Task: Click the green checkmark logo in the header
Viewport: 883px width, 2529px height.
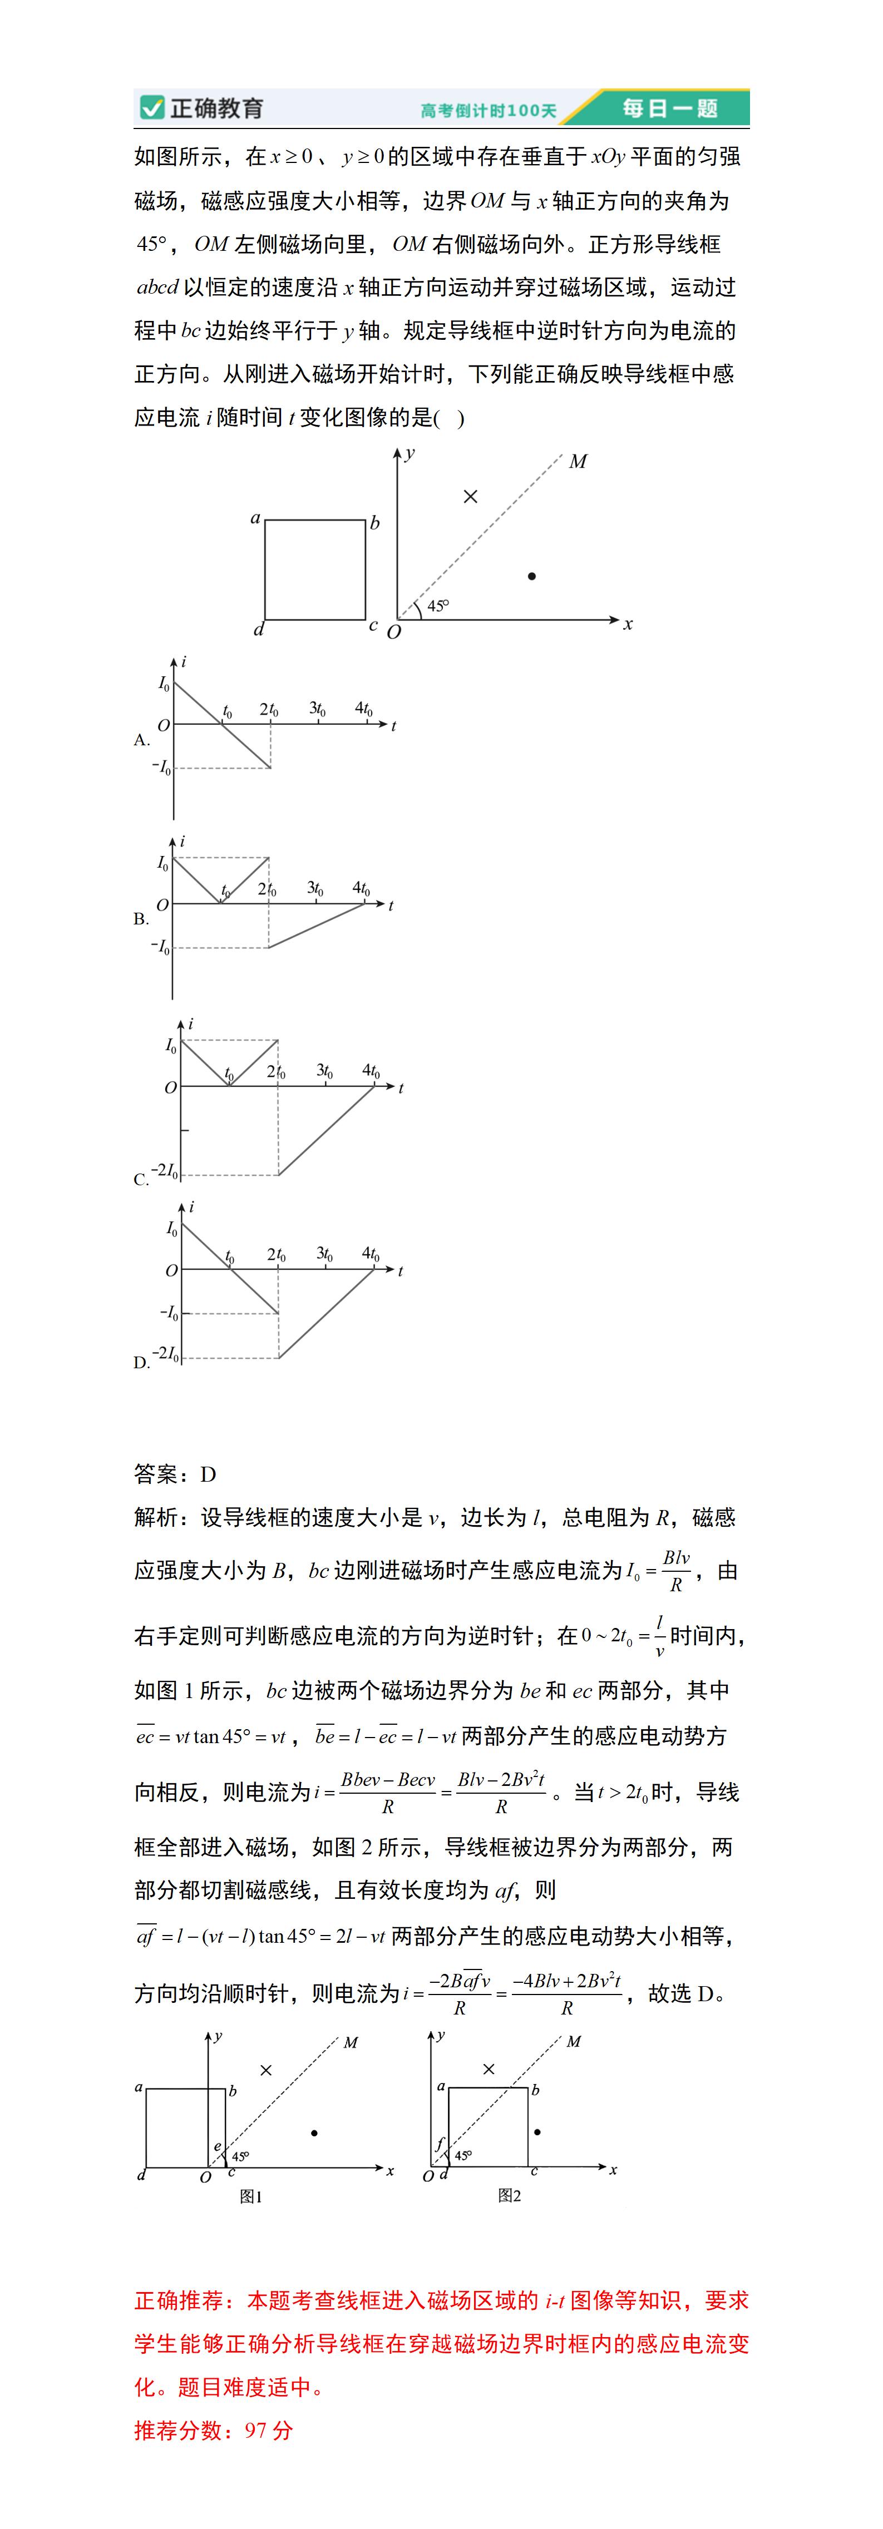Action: (151, 108)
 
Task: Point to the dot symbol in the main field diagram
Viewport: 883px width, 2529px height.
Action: (531, 576)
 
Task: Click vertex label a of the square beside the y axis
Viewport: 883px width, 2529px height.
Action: (255, 517)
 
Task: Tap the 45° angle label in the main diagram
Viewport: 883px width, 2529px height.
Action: (438, 606)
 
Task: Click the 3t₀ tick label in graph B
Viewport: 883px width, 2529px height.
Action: (315, 888)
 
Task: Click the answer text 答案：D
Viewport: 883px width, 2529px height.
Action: (175, 1474)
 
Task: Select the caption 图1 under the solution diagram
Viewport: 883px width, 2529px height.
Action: (250, 2197)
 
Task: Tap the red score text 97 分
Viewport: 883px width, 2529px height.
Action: (268, 2430)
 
